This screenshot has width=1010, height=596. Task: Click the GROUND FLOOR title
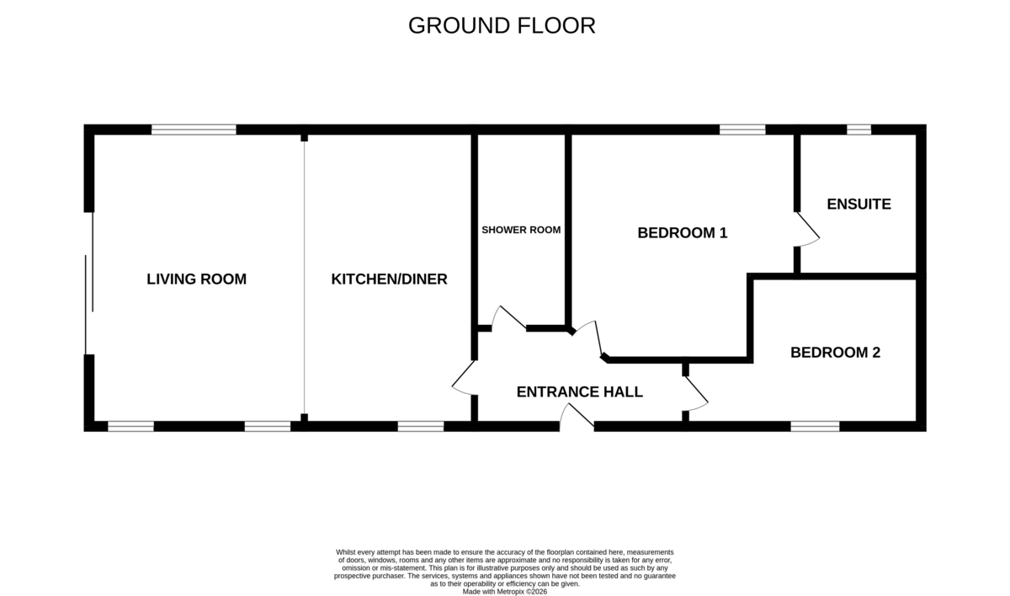click(x=502, y=26)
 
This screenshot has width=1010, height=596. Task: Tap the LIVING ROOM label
click(x=197, y=279)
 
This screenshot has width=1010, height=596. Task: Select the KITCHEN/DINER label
click(x=389, y=279)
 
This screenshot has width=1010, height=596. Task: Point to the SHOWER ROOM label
click(x=521, y=230)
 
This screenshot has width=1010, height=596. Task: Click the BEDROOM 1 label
click(x=683, y=232)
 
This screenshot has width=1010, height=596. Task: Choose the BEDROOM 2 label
click(x=835, y=352)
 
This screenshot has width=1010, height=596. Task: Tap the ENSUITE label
click(x=859, y=205)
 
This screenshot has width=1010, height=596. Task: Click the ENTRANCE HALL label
click(x=579, y=391)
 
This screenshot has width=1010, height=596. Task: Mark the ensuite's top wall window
click(x=859, y=130)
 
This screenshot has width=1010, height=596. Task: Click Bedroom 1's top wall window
click(x=742, y=130)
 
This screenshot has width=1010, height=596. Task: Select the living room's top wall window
click(x=194, y=130)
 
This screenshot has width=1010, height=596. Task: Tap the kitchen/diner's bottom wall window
click(x=421, y=427)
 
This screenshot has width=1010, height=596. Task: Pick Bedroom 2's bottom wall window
click(x=816, y=427)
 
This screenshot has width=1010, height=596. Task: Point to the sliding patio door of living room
click(x=89, y=283)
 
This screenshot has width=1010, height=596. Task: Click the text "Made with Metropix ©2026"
click(x=504, y=592)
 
